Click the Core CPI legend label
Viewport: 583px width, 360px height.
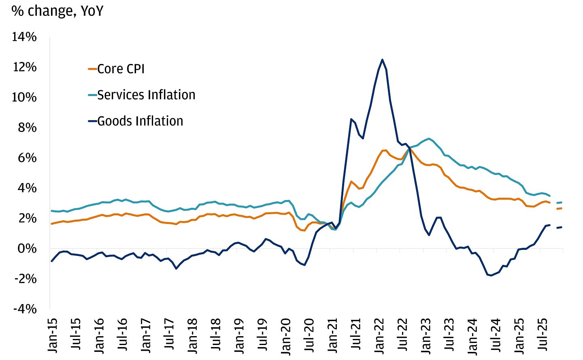121,69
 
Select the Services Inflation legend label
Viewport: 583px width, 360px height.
146,95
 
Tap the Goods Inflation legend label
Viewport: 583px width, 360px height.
140,121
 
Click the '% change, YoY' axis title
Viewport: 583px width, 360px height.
57,11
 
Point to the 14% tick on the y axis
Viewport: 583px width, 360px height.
24,37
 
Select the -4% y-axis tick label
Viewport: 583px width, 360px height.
25,309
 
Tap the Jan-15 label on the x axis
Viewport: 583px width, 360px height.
53,335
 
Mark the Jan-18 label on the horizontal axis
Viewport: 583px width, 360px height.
193,335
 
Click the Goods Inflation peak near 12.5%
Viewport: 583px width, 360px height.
382,60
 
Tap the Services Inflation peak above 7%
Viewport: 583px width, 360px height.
429,138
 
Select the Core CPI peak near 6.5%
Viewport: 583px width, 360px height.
384,150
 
